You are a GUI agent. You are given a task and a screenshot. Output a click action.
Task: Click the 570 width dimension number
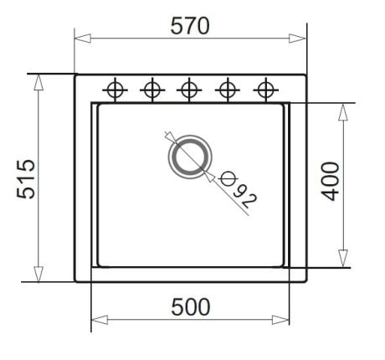(x=190, y=26)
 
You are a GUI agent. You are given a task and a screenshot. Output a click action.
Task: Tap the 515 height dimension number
(x=26, y=179)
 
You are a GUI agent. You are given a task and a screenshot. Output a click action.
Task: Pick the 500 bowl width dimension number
(x=190, y=307)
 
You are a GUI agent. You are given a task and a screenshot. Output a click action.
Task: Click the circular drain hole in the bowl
(x=190, y=157)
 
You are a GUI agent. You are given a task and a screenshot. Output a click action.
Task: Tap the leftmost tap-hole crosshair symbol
(x=115, y=90)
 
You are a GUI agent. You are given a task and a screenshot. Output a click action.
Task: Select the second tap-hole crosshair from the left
(x=152, y=90)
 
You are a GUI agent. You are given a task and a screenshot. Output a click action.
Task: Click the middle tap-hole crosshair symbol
(x=189, y=90)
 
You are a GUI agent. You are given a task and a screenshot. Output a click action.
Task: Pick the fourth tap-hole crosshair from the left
(x=228, y=90)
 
